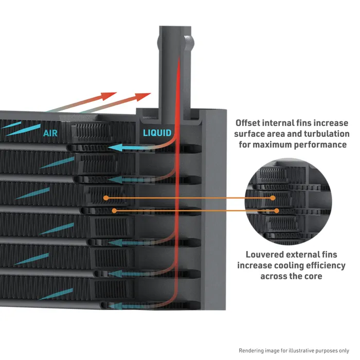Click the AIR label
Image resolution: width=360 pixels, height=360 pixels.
(50, 133)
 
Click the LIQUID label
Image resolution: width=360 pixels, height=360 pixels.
(157, 133)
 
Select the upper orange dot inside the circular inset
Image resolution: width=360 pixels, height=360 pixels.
(273, 197)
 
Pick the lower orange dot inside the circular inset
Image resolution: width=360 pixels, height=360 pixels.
(277, 210)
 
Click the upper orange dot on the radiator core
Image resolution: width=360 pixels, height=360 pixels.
(105, 197)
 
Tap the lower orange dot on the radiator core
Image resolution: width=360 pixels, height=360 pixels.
(114, 210)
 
